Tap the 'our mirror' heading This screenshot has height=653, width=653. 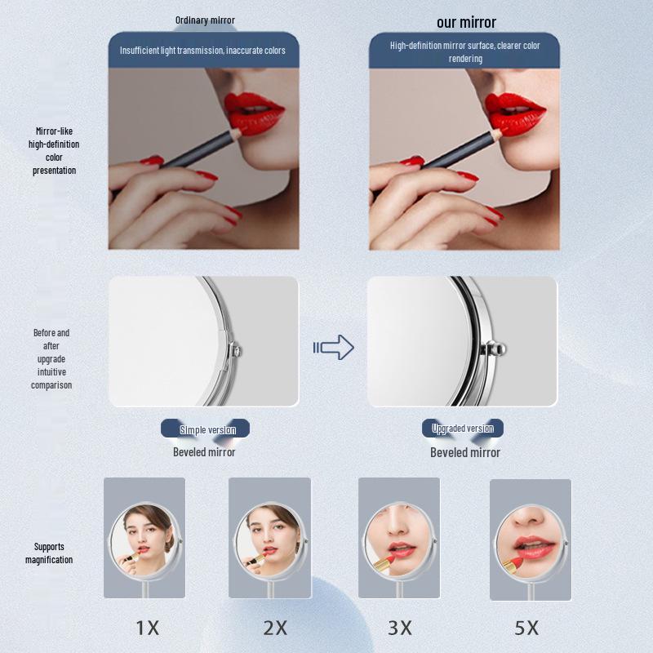pos(466,22)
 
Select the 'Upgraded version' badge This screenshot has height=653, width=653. pos(463,429)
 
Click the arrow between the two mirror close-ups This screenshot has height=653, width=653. pos(334,348)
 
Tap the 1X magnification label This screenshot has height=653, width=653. pos(147,628)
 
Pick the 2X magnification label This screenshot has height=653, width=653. pos(276,628)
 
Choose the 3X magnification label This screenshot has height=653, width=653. pos(399,628)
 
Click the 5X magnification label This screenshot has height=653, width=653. pos(526,628)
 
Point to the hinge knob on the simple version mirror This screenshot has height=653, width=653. pos(238,350)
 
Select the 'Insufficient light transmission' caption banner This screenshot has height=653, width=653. pos(202,51)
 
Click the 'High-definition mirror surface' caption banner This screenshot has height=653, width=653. pos(464,51)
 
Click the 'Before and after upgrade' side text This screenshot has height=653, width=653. pos(51,359)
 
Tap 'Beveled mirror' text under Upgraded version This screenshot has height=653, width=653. pos(465,452)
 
